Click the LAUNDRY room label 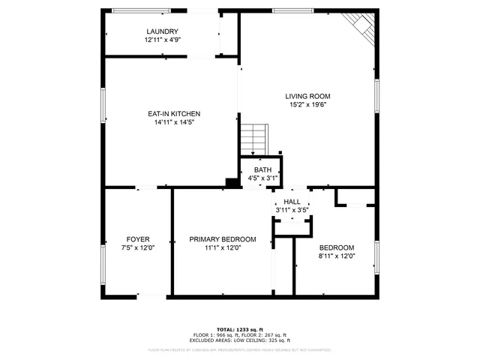tap(162, 31)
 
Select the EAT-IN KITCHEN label tap(173, 114)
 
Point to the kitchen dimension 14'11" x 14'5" tap(173, 122)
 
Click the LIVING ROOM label tap(307, 96)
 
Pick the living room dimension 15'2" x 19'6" tap(307, 105)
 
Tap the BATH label tap(262, 170)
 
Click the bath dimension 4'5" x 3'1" tap(262, 178)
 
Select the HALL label tap(292, 202)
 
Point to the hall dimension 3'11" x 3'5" tap(292, 211)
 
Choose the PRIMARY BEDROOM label tap(222, 239)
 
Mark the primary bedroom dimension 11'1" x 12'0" tap(222, 248)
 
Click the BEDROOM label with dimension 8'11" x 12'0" tap(337, 247)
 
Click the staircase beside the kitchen tap(253, 139)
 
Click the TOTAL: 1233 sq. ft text tap(240, 329)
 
